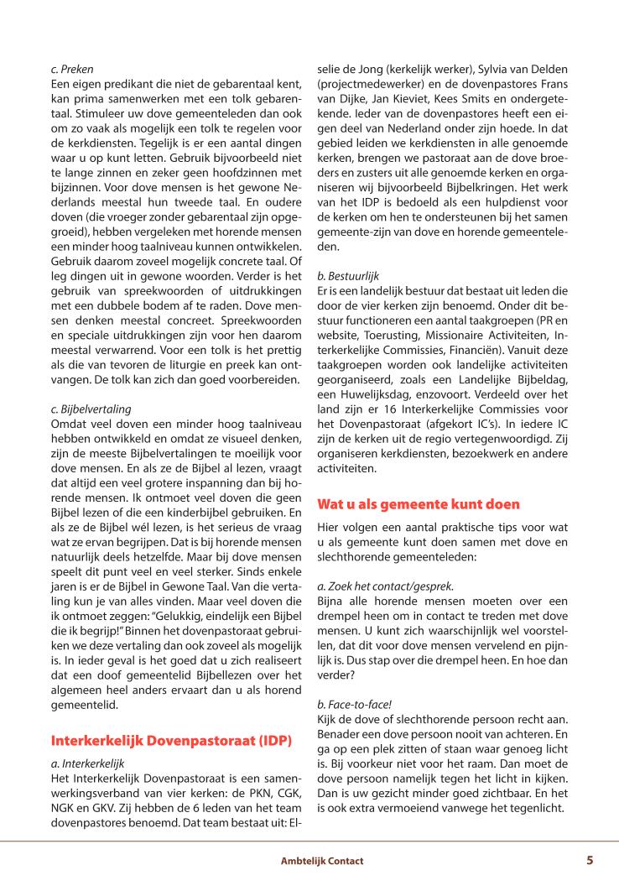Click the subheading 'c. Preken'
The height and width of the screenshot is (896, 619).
(x=72, y=69)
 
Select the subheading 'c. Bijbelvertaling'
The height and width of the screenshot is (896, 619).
(x=91, y=386)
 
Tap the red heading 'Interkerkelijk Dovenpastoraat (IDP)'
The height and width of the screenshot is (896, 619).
(x=171, y=717)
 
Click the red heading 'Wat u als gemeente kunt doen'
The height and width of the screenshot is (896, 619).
(x=419, y=504)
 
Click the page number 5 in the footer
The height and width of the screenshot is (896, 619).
(x=590, y=860)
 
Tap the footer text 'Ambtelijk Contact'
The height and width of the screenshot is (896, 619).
(x=322, y=861)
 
